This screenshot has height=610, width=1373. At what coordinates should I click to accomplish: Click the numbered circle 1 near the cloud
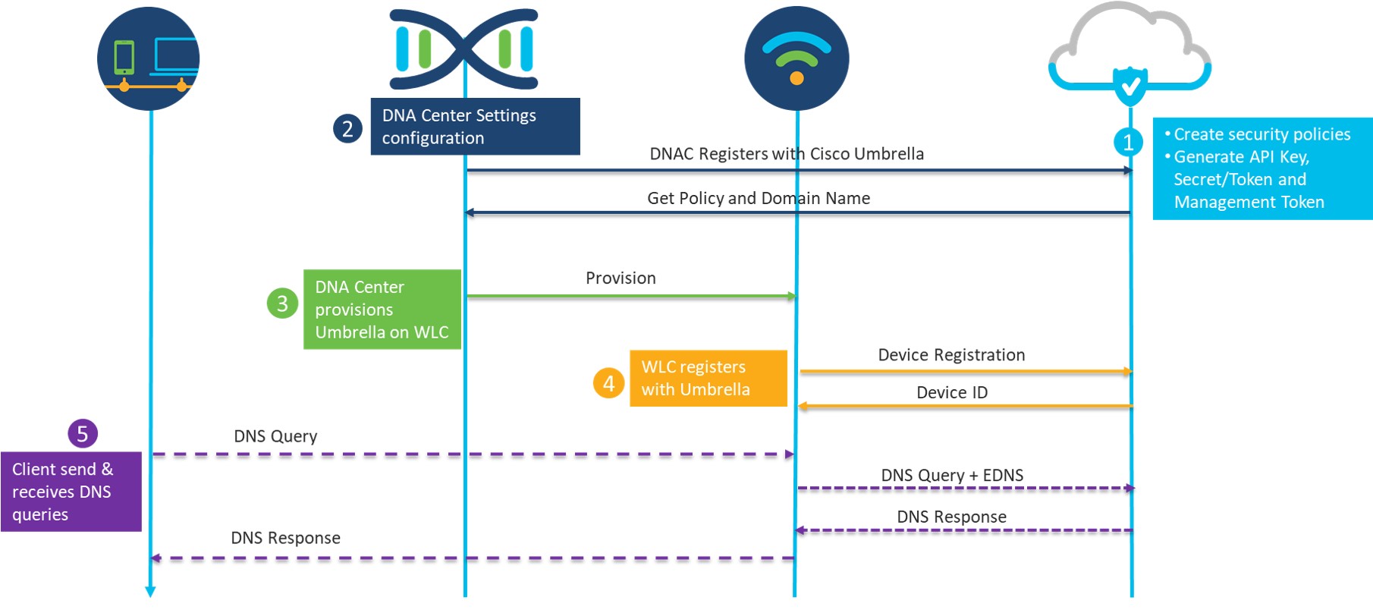(x=1128, y=142)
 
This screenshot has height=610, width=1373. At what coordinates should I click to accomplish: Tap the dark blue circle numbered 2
(x=347, y=128)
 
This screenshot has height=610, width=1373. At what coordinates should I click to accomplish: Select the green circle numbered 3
(x=282, y=303)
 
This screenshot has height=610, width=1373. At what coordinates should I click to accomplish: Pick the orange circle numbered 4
(x=608, y=383)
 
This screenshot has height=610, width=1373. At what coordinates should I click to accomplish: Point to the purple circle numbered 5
(x=83, y=434)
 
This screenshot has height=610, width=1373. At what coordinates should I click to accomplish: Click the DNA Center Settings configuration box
(x=475, y=127)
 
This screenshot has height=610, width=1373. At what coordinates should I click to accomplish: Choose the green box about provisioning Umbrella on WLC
(x=382, y=310)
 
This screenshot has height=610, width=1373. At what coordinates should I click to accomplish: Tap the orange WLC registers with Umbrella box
(x=708, y=378)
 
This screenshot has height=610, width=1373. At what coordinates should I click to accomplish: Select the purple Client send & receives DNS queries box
(x=71, y=492)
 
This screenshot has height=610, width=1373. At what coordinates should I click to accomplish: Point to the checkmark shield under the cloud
(x=1130, y=85)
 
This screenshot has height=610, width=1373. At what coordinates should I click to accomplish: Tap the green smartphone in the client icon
(x=124, y=57)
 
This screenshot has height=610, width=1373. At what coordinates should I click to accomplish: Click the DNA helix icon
(x=464, y=49)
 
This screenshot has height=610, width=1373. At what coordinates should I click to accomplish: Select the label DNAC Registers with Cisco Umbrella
(x=787, y=154)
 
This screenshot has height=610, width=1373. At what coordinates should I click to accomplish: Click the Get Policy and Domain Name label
(x=759, y=198)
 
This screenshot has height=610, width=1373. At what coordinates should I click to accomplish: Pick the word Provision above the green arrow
(x=621, y=278)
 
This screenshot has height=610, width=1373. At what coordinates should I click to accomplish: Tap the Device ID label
(x=952, y=392)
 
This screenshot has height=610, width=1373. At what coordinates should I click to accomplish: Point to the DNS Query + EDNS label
(x=952, y=475)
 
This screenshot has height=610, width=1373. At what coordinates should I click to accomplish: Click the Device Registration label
(x=951, y=354)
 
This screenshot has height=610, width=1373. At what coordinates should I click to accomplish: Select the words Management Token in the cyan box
(x=1249, y=202)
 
